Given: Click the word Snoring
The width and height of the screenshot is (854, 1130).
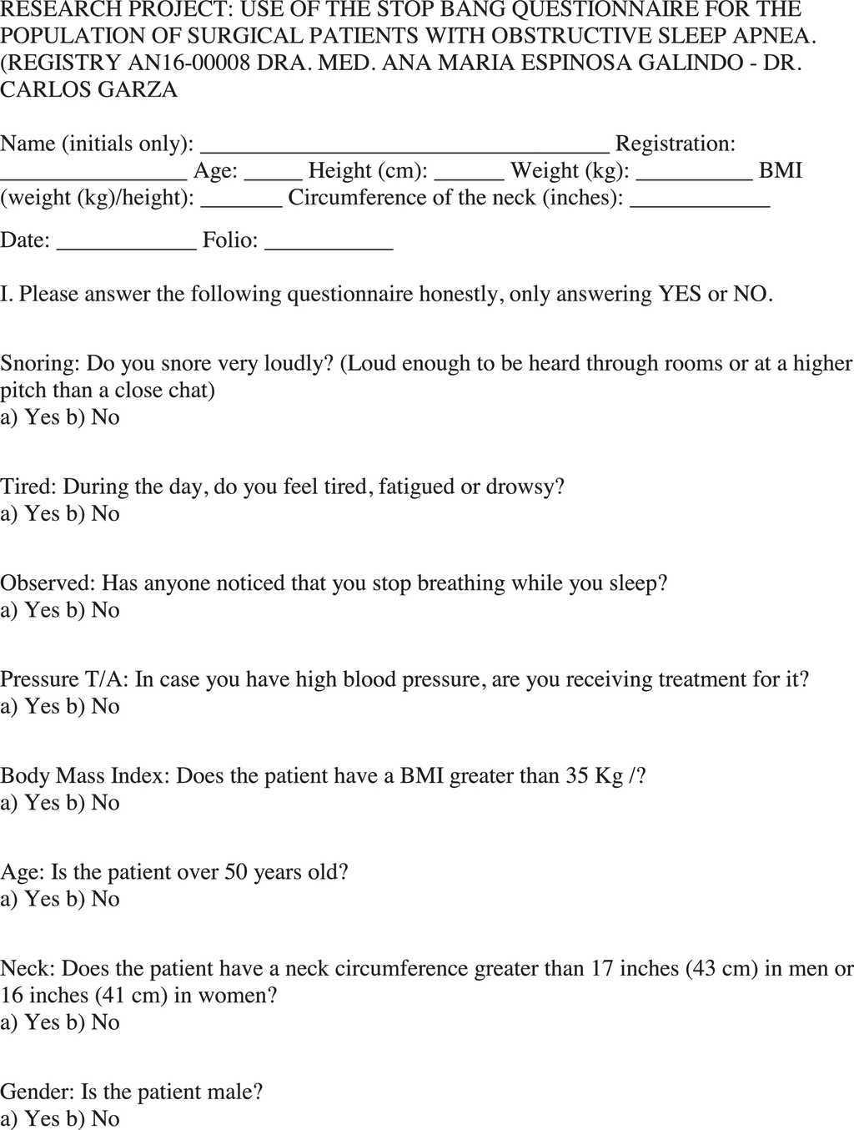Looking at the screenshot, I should pyautogui.click(x=38, y=364).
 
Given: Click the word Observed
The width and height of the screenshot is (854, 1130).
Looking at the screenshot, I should pyautogui.click(x=47, y=583).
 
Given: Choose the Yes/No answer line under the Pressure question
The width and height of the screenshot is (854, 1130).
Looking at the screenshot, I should pyautogui.click(x=60, y=706).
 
